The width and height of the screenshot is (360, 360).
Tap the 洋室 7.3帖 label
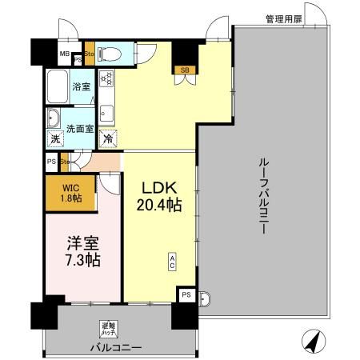coord(82,250)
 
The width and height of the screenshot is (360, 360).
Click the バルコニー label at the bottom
coord(116,348)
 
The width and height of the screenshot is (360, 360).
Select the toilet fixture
coord(111,54)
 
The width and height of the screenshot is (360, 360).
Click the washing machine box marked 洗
coord(56,139)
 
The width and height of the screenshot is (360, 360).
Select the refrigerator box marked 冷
coord(107,139)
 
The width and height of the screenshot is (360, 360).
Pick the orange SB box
coord(185,70)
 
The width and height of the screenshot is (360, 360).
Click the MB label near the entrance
coord(63,54)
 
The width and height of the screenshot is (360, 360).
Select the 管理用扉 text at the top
coord(284,18)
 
